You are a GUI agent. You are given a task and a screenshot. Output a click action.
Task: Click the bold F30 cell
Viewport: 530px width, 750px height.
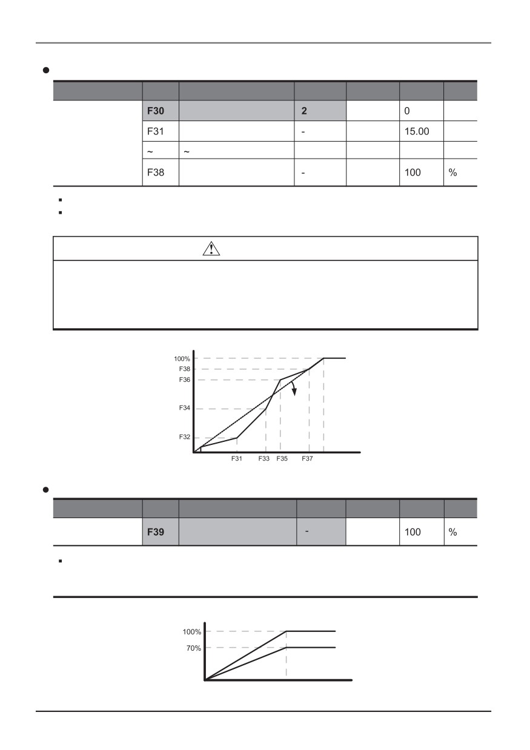[161, 111]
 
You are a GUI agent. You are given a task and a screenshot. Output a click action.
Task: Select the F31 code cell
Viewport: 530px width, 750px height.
[161, 131]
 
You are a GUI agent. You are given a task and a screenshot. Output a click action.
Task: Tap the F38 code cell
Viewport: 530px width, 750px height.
[161, 173]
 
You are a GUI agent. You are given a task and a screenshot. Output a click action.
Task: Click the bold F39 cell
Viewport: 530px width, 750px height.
[161, 531]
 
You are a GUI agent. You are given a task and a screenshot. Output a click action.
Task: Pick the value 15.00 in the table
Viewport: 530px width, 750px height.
[417, 131]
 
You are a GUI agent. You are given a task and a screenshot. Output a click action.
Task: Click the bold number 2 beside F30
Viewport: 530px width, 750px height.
[304, 111]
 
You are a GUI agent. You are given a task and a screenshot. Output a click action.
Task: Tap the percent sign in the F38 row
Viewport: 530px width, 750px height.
[452, 173]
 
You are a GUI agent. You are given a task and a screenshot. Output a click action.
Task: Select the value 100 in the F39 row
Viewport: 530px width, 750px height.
[412, 532]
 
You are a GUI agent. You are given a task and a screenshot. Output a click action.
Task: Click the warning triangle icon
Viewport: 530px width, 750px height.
[211, 249]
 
